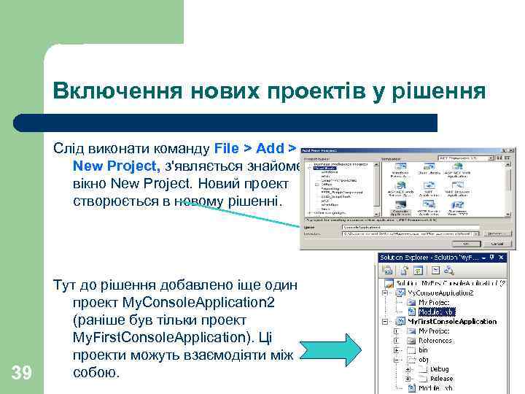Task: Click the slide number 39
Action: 23,374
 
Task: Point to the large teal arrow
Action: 338,348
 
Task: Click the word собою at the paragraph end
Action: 96,372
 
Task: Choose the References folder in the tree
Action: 435,340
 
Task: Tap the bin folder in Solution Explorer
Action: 424,350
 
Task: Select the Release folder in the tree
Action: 442,379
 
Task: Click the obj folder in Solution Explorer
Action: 424,360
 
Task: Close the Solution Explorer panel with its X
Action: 501,258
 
